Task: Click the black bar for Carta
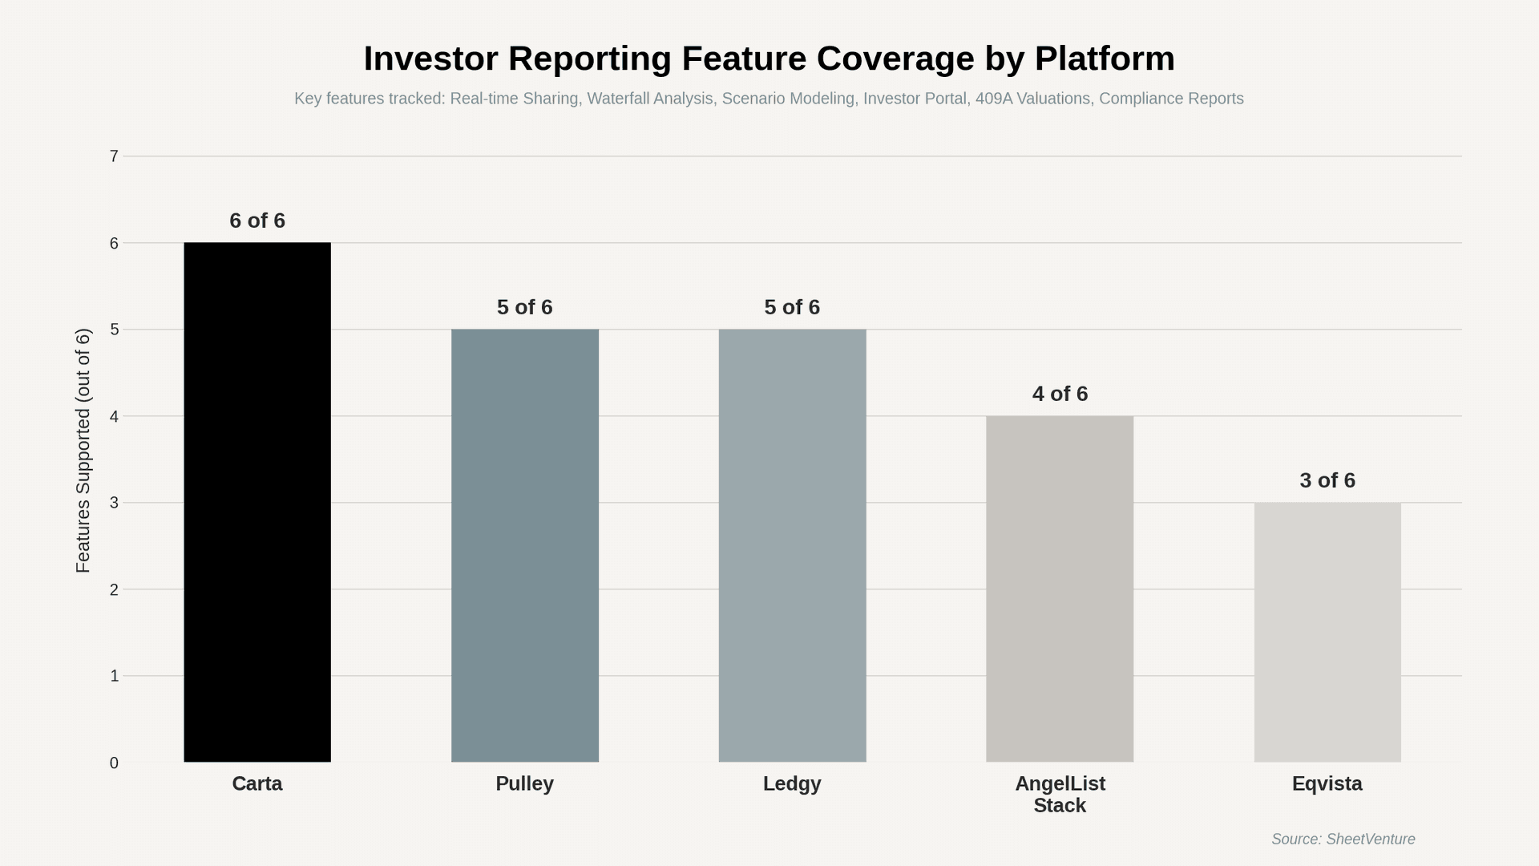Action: coord(257,502)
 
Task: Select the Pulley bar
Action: coord(525,545)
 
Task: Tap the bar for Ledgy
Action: coord(792,545)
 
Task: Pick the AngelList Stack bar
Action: coord(1060,589)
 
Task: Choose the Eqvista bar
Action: coord(1327,632)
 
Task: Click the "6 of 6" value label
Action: coord(257,221)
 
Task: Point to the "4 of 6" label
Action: coord(1060,394)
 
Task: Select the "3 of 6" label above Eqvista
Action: coord(1327,480)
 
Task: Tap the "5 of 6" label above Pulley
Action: coord(525,307)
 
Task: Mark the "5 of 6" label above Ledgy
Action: coord(792,307)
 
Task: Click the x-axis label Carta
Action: coord(257,783)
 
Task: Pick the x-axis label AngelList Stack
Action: coord(1060,794)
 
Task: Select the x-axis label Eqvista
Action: coord(1327,783)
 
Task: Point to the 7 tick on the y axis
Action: coord(115,156)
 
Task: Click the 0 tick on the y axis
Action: coord(115,763)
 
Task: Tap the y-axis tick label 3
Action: coord(115,503)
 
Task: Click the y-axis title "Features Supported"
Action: coord(83,451)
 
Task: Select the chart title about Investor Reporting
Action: coord(769,59)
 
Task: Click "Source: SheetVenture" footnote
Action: coord(1343,839)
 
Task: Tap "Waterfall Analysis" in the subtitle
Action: coord(649,99)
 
